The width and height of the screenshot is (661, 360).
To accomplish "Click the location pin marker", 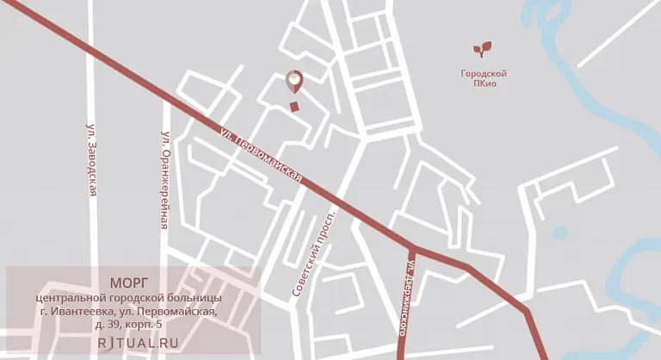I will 294,81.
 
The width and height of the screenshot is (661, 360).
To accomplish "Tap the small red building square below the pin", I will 294,107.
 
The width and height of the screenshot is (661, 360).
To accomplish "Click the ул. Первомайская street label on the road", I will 260,155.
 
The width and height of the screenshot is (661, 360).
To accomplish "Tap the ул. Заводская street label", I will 91,159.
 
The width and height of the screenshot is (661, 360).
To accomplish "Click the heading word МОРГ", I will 130,282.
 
